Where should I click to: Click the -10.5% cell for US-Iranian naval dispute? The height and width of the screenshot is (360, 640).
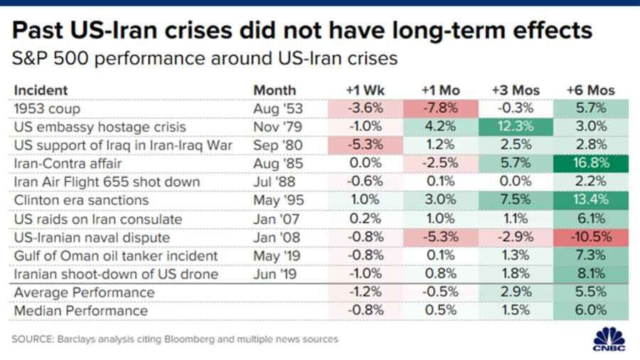coord(591,238)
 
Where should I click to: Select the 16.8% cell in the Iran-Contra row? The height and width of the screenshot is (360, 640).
coord(591,164)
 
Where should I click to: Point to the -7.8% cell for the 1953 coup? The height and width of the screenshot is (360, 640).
coord(439,108)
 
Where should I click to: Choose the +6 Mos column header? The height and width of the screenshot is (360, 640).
coord(591,90)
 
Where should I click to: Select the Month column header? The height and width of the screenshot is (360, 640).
coord(274,90)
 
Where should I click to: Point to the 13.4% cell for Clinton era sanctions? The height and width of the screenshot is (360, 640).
coord(591,201)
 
